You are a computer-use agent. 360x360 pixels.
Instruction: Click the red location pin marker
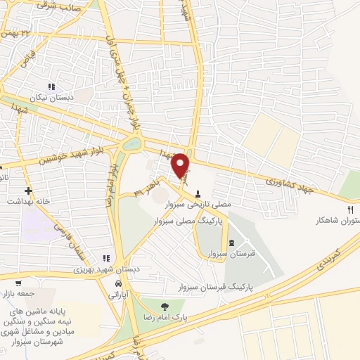click(181, 165)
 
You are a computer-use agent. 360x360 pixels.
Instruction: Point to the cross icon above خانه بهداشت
click(28, 191)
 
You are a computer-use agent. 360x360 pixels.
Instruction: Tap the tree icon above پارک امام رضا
click(165, 306)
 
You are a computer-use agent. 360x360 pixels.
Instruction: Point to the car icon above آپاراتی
click(116, 285)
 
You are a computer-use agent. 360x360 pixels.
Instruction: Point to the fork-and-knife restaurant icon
click(350, 209)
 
